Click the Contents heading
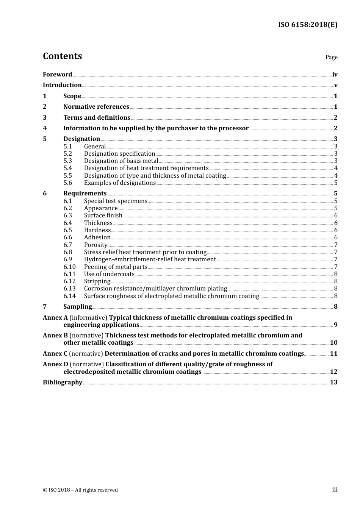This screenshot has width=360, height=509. (x=62, y=56)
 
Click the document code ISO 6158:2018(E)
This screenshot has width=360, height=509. (x=307, y=25)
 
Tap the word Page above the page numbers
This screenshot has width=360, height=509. (x=331, y=57)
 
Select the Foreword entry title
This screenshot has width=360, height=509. (x=57, y=75)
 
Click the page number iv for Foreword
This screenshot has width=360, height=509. (x=335, y=75)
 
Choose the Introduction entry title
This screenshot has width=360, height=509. (x=62, y=85)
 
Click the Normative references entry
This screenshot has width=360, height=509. (x=96, y=107)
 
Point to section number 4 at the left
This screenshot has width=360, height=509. (x=45, y=128)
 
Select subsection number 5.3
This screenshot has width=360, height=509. (x=67, y=161)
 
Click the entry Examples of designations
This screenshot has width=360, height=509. (x=120, y=183)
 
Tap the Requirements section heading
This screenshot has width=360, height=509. (x=85, y=194)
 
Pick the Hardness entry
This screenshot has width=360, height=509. (x=97, y=230)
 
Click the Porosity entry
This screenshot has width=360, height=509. (x=96, y=245)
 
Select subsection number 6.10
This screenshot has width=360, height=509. (x=69, y=267)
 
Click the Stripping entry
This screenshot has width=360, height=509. (x=97, y=281)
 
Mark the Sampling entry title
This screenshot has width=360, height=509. (x=78, y=307)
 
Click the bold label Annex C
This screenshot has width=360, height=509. (x=55, y=354)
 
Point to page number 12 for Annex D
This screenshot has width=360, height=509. (x=333, y=372)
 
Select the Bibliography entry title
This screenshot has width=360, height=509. (x=63, y=383)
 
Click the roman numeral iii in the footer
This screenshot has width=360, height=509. (x=335, y=490)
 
